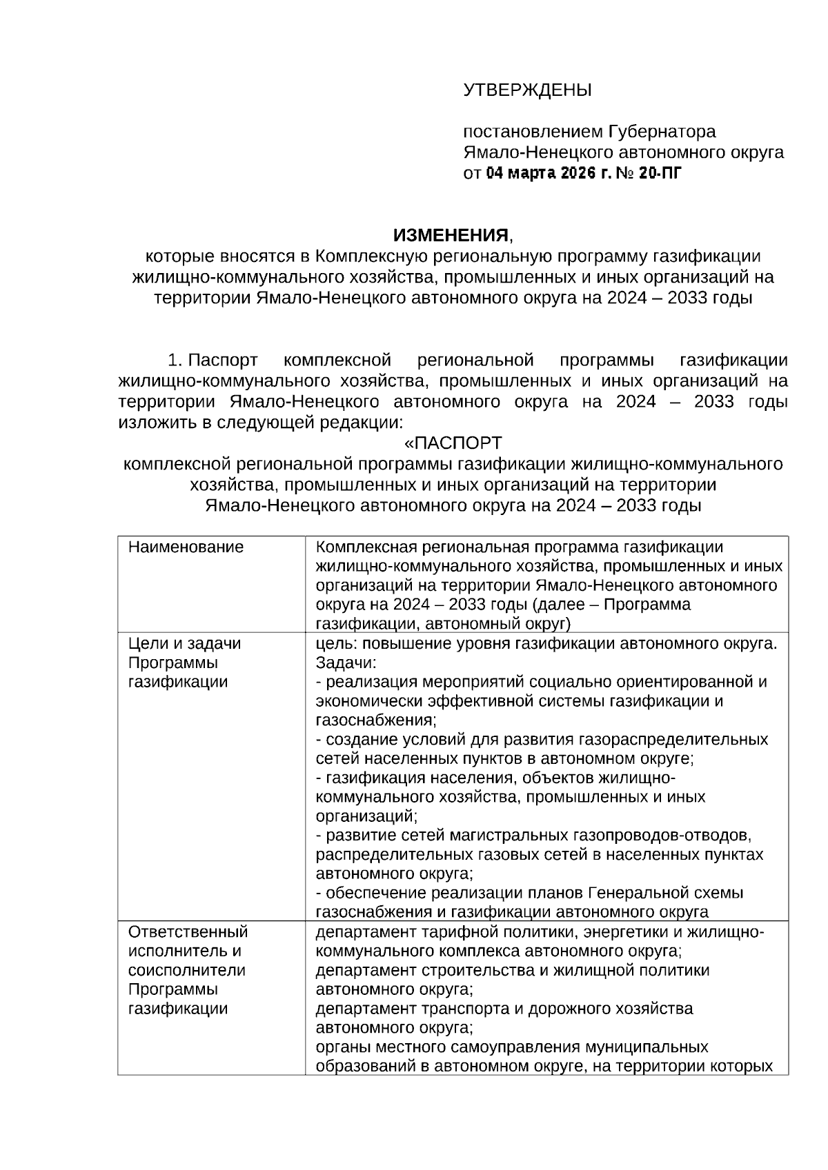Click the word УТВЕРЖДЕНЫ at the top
[x=526, y=90]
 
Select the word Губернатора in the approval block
[x=662, y=131]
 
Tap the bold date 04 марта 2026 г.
[x=548, y=173]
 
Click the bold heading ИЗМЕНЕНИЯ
[x=451, y=236]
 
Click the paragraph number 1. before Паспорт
[x=175, y=360]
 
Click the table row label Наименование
[x=186, y=547]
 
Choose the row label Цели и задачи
[x=185, y=644]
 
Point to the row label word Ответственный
[x=188, y=932]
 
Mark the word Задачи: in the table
[x=346, y=663]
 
